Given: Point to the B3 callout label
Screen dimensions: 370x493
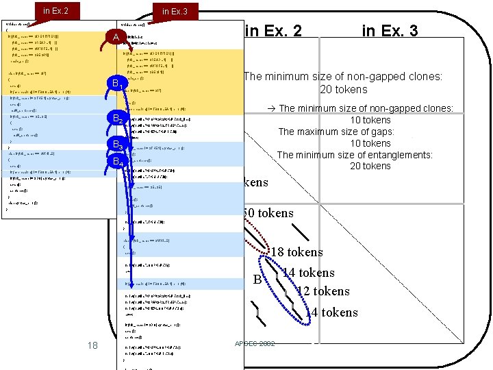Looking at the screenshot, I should point(118,146).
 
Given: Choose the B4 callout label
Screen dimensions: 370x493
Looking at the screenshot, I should point(118,162).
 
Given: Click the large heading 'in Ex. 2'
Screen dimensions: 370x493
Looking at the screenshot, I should point(273,30).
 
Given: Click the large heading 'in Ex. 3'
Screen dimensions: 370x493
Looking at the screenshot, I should point(390,30).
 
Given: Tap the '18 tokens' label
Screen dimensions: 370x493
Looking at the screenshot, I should point(296,253).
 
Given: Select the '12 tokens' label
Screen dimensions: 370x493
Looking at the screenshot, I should point(323,291).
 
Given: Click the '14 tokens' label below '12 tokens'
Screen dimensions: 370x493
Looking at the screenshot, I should point(331,312).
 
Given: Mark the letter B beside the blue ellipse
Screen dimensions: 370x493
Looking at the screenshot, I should point(257,280).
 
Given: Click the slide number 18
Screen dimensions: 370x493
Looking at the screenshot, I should point(92,345).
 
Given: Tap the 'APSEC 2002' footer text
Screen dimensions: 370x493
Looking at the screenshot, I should point(254,343).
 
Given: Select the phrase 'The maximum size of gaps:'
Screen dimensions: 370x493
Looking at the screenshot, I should point(334,132).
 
